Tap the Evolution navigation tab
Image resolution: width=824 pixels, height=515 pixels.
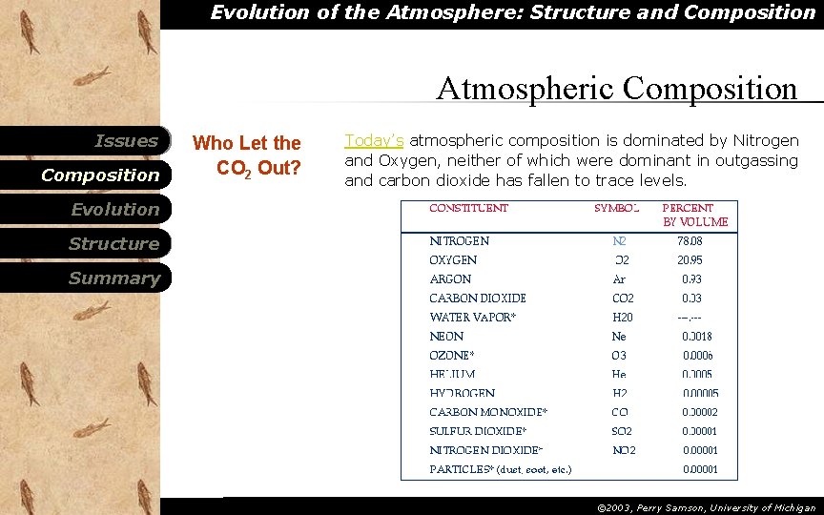pos(114,210)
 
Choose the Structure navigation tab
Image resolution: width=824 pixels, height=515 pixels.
pos(113,244)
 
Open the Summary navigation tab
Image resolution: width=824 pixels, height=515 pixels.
pos(113,278)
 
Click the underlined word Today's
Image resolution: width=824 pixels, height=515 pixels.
pos(374,141)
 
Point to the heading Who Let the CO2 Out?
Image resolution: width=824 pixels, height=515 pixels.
pos(247,155)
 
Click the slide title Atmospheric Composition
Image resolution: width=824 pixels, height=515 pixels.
pos(616,89)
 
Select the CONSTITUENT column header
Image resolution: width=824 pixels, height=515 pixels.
pos(468,208)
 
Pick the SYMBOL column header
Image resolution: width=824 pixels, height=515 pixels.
pos(617,208)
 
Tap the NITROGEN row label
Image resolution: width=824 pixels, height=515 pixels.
pos(459,241)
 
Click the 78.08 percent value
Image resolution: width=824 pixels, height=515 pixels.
pos(690,241)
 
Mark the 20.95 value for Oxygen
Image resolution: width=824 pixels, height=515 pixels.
pos(690,260)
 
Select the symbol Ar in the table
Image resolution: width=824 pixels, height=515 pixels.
pos(619,279)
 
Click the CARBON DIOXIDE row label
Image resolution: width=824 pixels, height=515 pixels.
pos(477,299)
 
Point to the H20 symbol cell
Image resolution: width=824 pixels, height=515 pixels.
pos(622,318)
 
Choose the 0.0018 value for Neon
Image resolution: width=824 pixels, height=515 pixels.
pos(696,337)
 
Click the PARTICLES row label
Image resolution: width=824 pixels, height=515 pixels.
pos(500,470)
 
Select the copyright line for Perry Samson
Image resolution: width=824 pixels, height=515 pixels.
pos(706,508)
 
